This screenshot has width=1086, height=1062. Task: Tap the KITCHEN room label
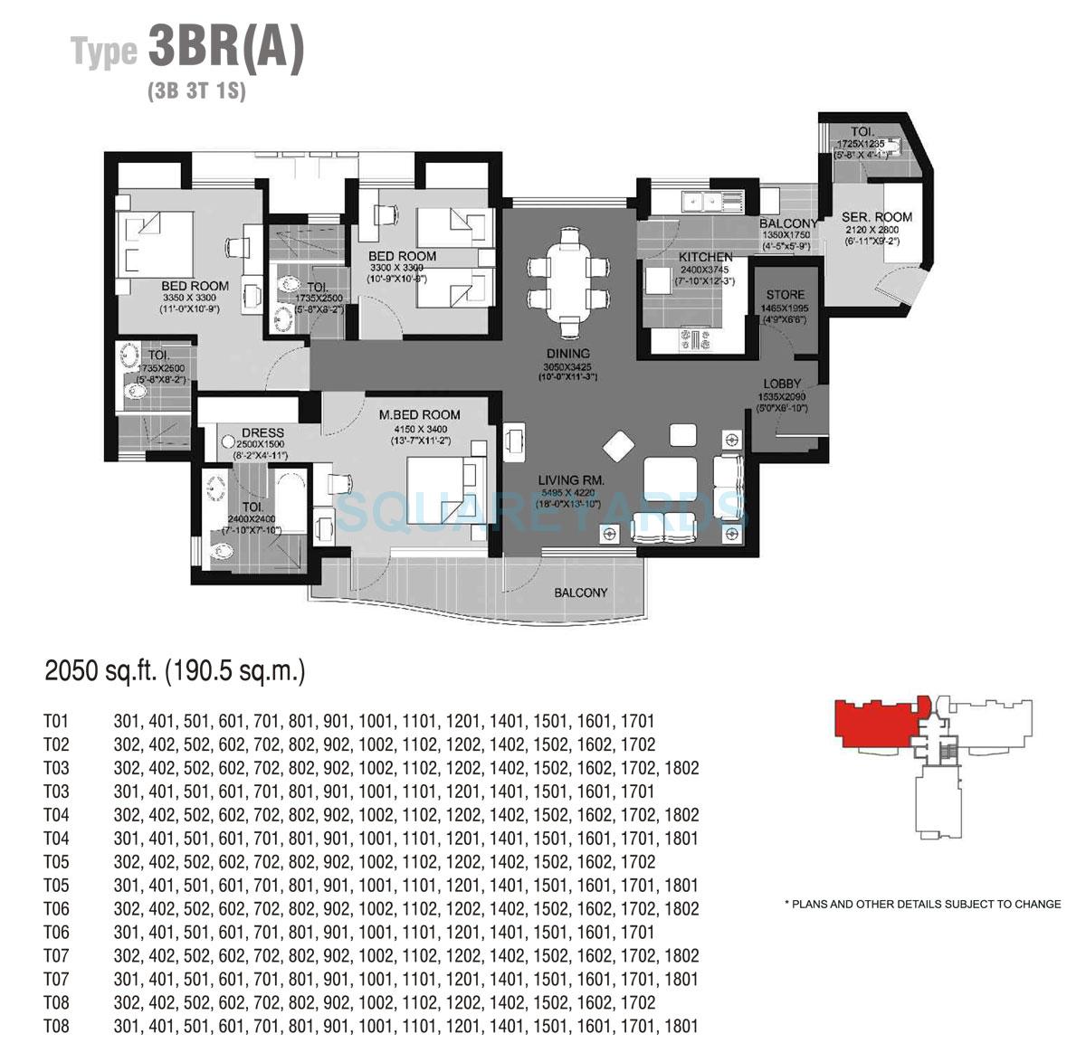click(x=706, y=257)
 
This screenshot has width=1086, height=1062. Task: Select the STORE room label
click(x=785, y=295)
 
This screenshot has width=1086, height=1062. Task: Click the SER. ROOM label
click(x=876, y=217)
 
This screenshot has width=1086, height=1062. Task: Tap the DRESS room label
click(x=263, y=433)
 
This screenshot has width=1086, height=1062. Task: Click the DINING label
click(x=568, y=354)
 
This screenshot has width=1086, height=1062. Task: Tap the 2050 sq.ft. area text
click(x=176, y=671)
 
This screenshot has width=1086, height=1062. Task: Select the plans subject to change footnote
click(x=922, y=904)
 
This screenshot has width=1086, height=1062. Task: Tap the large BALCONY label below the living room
click(x=581, y=593)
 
